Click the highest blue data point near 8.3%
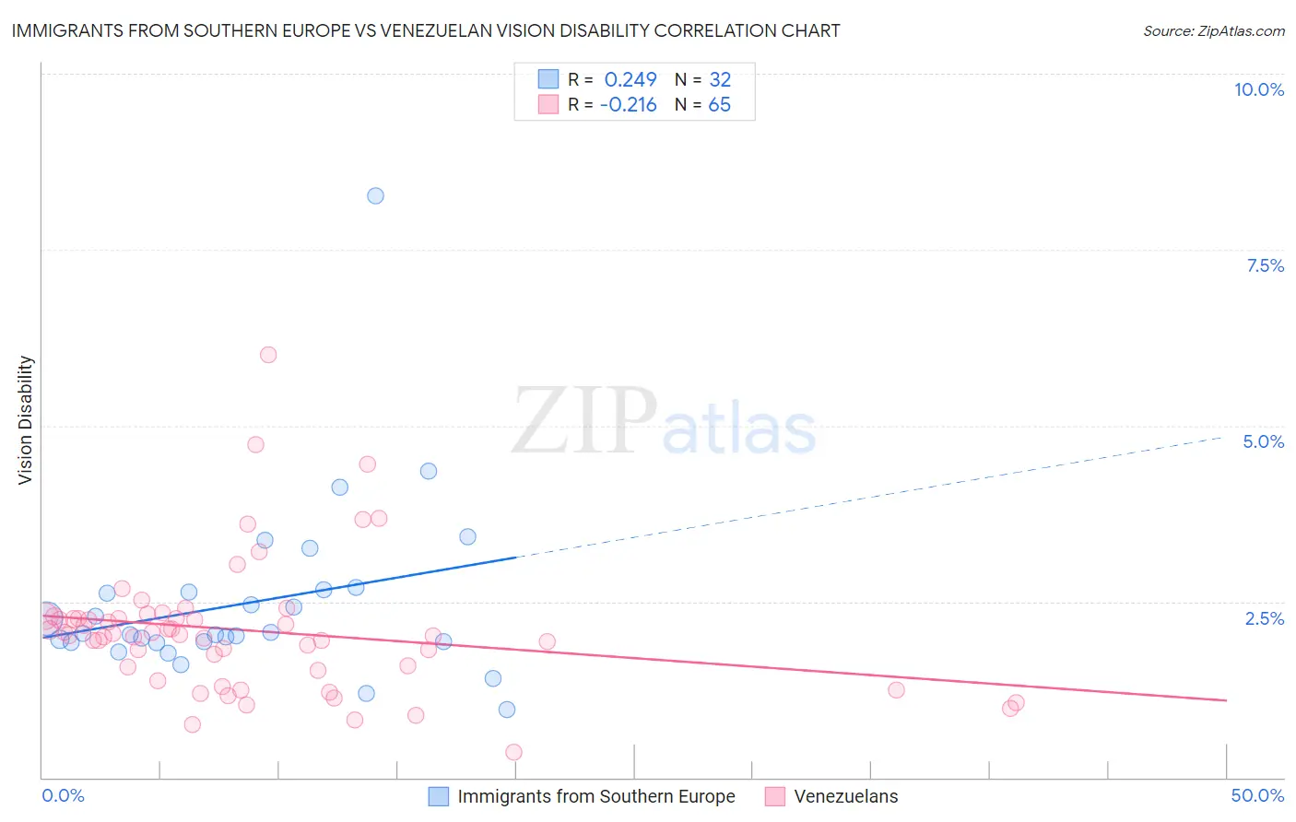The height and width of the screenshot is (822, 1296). [375, 195]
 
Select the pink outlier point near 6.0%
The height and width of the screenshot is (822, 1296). [268, 355]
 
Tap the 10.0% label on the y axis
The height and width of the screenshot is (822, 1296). [1258, 89]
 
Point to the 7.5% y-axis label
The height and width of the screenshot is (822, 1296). [1265, 265]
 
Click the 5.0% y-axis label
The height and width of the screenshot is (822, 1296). [1263, 441]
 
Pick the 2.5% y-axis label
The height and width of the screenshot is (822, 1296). [1264, 618]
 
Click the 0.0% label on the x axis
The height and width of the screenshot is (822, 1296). [63, 795]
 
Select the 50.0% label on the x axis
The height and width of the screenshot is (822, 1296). [1257, 795]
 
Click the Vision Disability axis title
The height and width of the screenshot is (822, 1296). [26, 420]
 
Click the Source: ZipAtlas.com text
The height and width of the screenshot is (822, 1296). [1213, 30]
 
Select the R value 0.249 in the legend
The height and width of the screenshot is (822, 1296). [630, 80]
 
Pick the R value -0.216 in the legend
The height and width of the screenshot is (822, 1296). [628, 105]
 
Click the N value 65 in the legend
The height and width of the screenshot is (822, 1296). [719, 105]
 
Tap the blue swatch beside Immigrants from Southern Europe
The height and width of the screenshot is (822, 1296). [439, 796]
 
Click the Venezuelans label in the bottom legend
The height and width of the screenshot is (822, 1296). [845, 796]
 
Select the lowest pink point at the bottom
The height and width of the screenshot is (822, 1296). [513, 752]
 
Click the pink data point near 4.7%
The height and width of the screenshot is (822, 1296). [255, 444]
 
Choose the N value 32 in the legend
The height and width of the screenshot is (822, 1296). [719, 80]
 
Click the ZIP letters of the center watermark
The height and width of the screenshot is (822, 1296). [584, 421]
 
